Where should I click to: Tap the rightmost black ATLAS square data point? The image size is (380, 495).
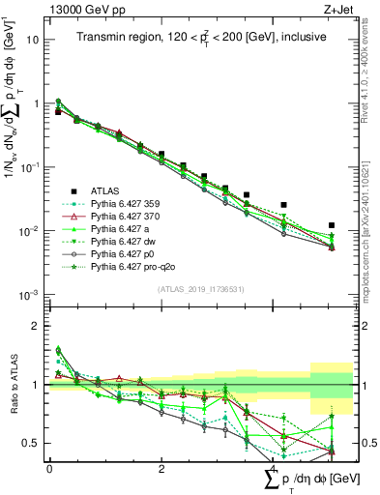click(332, 225)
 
